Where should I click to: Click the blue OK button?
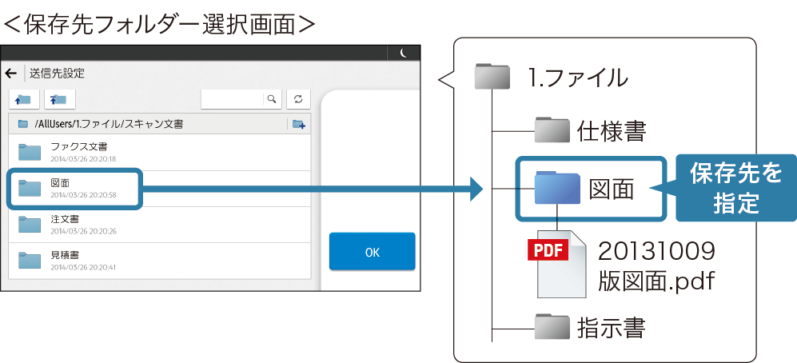pyautogui.click(x=372, y=252)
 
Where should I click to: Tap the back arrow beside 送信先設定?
pyautogui.click(x=11, y=74)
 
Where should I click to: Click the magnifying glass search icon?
pyautogui.click(x=272, y=98)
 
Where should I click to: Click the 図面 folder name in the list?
pyautogui.click(x=60, y=183)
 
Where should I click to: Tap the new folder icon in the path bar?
pyautogui.click(x=298, y=124)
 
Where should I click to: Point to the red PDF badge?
pyautogui.click(x=548, y=250)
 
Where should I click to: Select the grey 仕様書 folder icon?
pyautogui.click(x=552, y=130)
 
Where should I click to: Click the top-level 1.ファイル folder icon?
pyautogui.click(x=492, y=77)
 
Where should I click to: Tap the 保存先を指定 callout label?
pyautogui.click(x=736, y=188)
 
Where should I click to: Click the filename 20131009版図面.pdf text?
pyautogui.click(x=656, y=267)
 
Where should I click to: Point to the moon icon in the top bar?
pyautogui.click(x=404, y=53)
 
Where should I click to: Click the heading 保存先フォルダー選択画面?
pyautogui.click(x=159, y=23)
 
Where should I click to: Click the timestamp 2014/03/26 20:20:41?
pyautogui.click(x=83, y=267)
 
